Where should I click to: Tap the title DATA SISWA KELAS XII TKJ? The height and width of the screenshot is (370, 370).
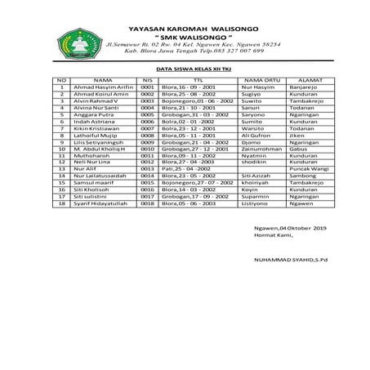coord(185,71)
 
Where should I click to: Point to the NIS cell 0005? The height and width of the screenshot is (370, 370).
coord(147,114)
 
